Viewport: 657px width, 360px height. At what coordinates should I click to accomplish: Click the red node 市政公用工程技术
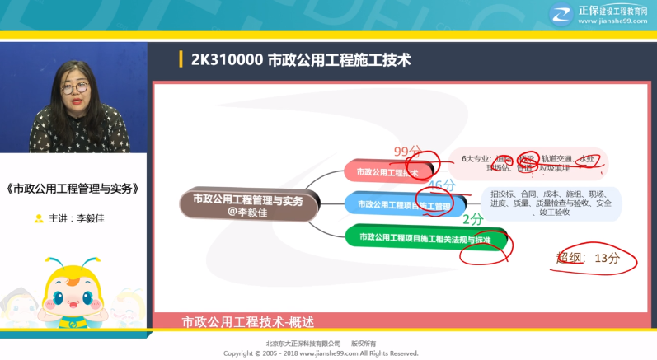(387, 172)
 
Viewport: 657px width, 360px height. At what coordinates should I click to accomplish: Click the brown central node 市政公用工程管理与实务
(247, 203)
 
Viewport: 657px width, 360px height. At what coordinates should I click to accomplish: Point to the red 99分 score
(407, 152)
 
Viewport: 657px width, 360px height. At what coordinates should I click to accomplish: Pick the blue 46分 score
(442, 185)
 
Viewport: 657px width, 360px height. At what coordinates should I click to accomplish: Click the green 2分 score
(472, 219)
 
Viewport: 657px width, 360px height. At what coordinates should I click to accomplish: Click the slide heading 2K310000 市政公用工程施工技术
(300, 60)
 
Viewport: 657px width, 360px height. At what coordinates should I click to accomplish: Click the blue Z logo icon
(562, 15)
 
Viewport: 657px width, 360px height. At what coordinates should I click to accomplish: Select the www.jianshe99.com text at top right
(612, 21)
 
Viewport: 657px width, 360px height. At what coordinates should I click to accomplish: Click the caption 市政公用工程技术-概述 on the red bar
(248, 320)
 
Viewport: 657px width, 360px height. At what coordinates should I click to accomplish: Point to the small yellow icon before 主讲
(39, 219)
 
